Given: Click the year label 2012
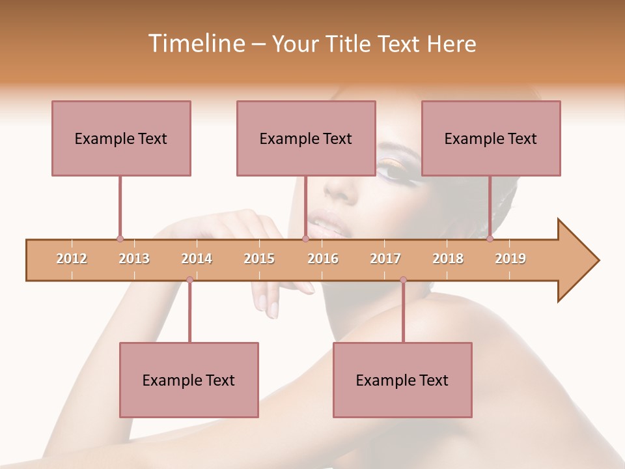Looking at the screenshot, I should point(72,259).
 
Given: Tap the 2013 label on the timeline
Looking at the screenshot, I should point(134,259).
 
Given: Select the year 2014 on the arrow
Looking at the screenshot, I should point(197,259).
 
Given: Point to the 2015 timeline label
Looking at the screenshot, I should point(259,259).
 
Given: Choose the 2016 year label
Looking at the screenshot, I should point(323,259).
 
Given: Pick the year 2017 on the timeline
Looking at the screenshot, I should point(385,259).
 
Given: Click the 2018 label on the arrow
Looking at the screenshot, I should point(448,259).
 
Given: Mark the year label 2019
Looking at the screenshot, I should point(510,259).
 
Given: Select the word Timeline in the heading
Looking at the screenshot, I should point(195,44).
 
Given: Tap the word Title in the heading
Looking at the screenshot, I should point(349,44).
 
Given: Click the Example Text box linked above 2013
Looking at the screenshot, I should point(121,138).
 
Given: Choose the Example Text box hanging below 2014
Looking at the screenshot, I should point(189,380).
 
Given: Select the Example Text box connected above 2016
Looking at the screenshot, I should point(306,138).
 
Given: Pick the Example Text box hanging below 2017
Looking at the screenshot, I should point(402,380).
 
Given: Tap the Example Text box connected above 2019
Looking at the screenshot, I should point(491,138).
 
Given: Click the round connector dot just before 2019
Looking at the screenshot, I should point(490,238).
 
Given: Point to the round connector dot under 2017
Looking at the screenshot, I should point(403,280).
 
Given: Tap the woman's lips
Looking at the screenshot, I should point(329,225).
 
